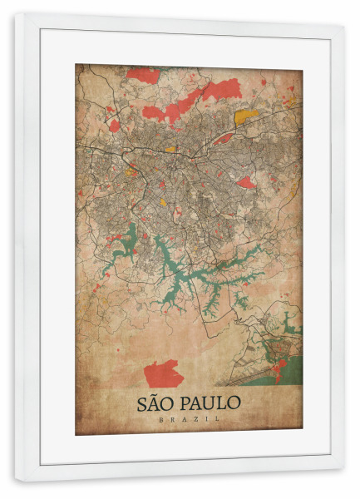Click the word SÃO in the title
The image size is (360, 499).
154,404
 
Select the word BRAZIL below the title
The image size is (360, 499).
189,420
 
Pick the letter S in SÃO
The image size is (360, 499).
141,404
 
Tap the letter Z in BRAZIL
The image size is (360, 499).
199,420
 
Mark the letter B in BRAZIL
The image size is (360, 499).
160,420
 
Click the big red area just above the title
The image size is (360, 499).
163,373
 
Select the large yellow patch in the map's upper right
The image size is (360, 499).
246,116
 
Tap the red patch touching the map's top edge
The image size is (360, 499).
144,75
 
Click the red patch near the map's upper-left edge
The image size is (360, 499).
113,125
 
